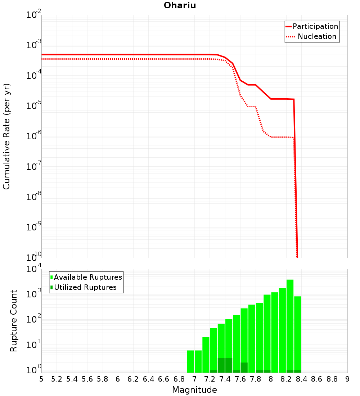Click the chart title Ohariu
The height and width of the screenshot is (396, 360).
coord(180,5)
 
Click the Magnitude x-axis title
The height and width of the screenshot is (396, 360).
coord(194,390)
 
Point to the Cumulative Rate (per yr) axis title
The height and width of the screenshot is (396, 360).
coord(6,136)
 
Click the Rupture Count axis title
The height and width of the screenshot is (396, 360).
coord(14,321)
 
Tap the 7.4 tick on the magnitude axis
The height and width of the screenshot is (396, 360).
coord(225,379)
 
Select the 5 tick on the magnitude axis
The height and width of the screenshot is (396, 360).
coord(41,379)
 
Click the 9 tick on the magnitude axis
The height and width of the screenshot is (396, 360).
coord(347,379)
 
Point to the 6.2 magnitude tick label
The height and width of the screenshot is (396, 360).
coord(133,379)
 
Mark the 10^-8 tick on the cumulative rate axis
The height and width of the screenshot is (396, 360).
coord(33,197)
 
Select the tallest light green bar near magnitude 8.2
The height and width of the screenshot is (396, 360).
coord(290,326)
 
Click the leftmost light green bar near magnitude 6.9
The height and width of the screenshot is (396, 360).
coord(190,361)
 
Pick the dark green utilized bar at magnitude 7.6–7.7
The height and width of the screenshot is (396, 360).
coord(244,368)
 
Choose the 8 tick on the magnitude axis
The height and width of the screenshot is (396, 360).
coord(271,379)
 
